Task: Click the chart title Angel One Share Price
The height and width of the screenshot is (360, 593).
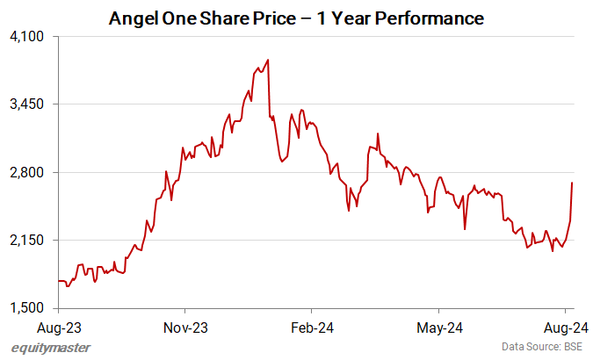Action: (x=296, y=17)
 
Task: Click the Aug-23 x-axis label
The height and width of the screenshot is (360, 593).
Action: (x=58, y=328)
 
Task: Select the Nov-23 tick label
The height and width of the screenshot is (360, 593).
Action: (x=185, y=328)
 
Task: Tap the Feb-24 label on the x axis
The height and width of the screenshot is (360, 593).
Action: (x=312, y=328)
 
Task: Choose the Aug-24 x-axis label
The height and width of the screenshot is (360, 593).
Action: (x=567, y=328)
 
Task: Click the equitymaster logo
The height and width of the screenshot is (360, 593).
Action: (x=51, y=348)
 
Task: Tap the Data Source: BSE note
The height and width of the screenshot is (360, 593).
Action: (x=541, y=348)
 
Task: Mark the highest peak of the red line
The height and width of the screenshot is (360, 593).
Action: (x=267, y=60)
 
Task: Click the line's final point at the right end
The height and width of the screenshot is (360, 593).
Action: (x=572, y=183)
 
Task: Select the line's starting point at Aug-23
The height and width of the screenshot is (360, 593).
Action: (x=58, y=281)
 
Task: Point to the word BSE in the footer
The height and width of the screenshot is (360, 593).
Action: (x=571, y=348)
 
